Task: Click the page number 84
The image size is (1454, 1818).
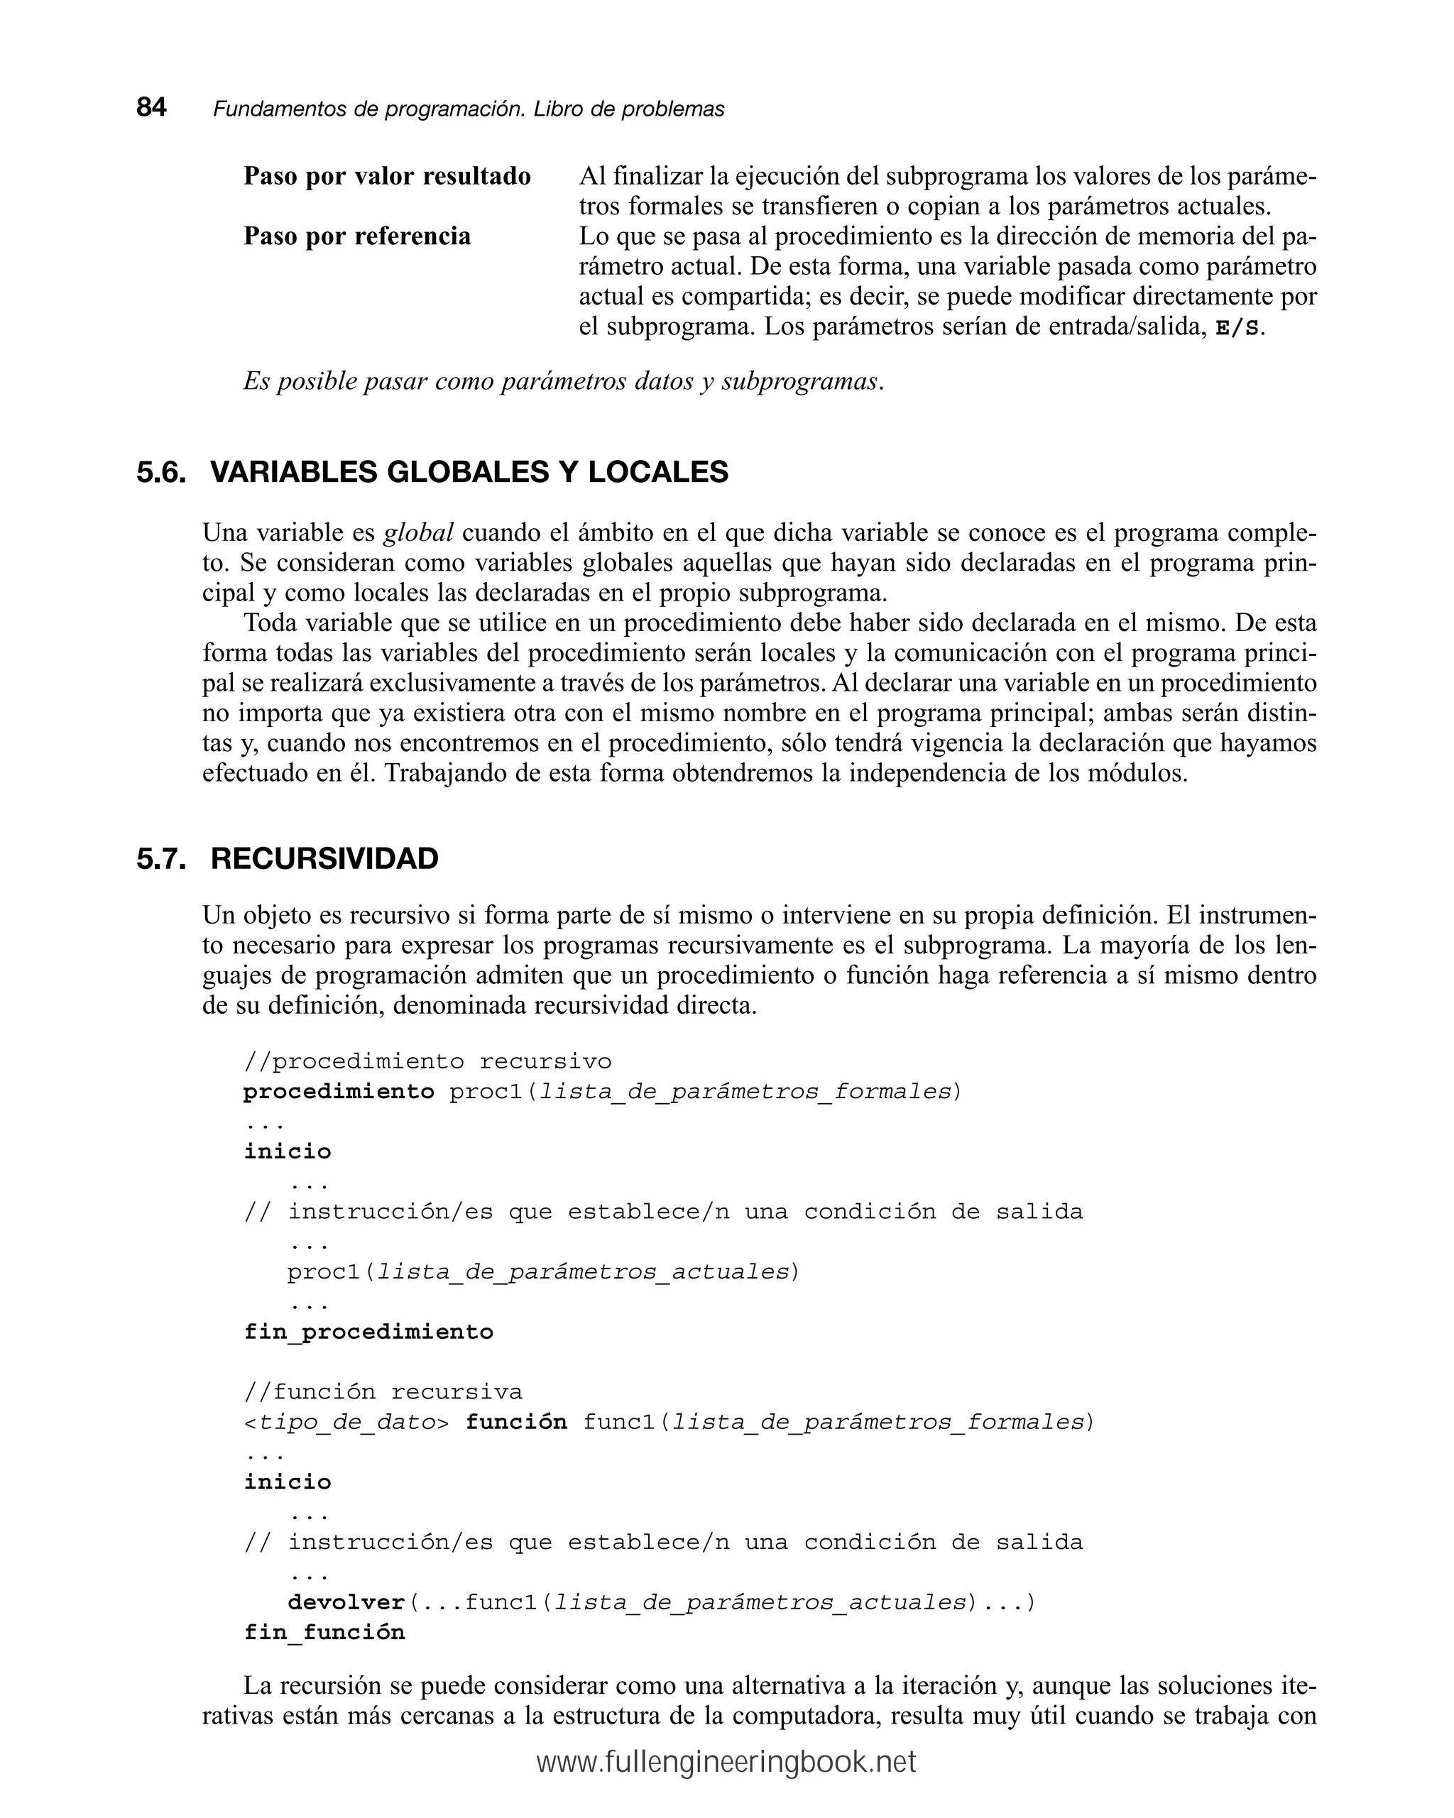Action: click(x=151, y=108)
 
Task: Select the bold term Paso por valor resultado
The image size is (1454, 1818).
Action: click(x=387, y=176)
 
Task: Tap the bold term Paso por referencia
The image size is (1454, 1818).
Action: click(x=356, y=236)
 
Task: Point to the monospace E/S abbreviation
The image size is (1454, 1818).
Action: click(x=1237, y=328)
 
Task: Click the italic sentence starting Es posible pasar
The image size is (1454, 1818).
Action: click(x=564, y=381)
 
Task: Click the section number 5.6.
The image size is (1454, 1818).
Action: click(x=160, y=472)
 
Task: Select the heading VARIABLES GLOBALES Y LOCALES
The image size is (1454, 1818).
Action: click(x=468, y=472)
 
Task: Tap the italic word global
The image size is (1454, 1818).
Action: click(x=418, y=533)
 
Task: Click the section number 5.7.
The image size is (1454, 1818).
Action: click(x=160, y=859)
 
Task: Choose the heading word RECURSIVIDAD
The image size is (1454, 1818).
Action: click(x=324, y=859)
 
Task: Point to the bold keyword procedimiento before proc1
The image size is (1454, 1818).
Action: click(x=338, y=1091)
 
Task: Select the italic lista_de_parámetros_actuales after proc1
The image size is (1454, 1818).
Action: click(x=582, y=1271)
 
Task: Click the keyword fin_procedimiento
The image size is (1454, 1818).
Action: click(x=368, y=1332)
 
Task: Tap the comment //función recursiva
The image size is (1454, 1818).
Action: click(x=383, y=1391)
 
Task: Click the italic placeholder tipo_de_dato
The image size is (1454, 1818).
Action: click(x=346, y=1423)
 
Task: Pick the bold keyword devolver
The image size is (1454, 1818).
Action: click(x=346, y=1602)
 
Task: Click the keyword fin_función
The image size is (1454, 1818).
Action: click(x=324, y=1633)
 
